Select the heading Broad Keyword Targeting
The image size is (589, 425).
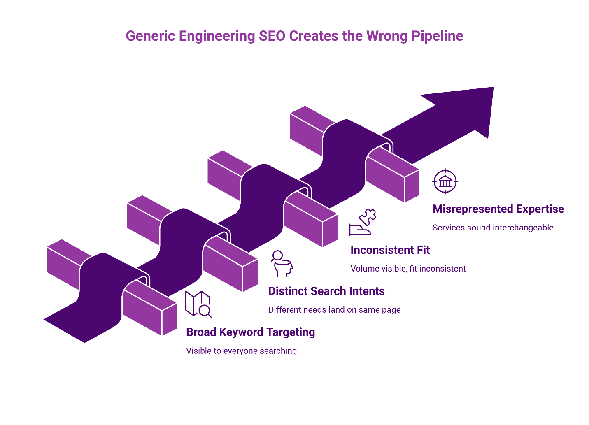[250, 332]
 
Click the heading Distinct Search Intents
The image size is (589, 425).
[326, 291]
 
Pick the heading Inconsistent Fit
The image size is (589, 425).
[390, 250]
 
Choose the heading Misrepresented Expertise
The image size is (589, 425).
[498, 209]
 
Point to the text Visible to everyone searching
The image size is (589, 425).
[241, 351]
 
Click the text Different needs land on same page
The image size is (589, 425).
[334, 310]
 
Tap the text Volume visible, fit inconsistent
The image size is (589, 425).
[408, 269]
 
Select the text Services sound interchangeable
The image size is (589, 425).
[493, 228]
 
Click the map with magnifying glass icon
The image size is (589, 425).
[198, 304]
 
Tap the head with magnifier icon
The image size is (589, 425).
[282, 263]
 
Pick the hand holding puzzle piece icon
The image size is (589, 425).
[363, 222]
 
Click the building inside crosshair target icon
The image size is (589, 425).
[445, 181]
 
